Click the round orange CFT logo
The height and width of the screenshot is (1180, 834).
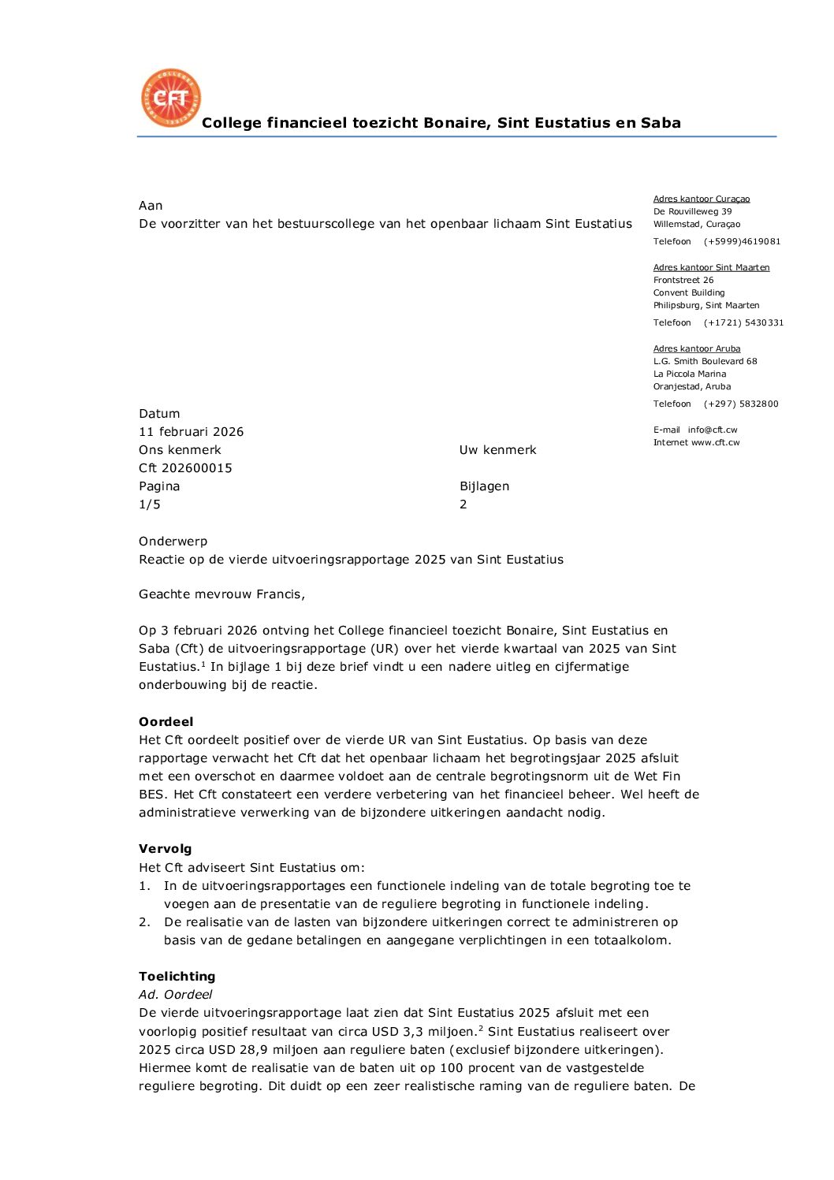point(171,98)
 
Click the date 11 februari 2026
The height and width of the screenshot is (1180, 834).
point(191,431)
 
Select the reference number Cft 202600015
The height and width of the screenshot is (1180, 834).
point(185,467)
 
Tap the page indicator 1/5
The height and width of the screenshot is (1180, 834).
point(150,504)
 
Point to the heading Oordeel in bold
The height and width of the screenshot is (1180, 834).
point(166,721)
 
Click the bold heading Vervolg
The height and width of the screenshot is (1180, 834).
point(165,848)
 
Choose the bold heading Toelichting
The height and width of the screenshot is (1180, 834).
point(177,976)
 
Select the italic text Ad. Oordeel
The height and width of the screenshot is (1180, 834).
point(175,994)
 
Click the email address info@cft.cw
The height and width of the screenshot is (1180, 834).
point(713,430)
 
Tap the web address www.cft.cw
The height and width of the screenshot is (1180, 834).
point(716,442)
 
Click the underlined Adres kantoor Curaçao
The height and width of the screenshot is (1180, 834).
point(702,199)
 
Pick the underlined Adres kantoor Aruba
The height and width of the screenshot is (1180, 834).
point(697,348)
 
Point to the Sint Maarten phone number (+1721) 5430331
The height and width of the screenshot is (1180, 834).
point(743,322)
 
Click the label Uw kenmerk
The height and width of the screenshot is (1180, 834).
point(497,449)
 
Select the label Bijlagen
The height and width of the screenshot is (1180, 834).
point(484,486)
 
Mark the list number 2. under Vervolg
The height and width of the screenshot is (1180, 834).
point(144,921)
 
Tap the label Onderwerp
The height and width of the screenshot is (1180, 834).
point(173,541)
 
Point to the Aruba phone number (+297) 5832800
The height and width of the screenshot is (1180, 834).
point(741,404)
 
